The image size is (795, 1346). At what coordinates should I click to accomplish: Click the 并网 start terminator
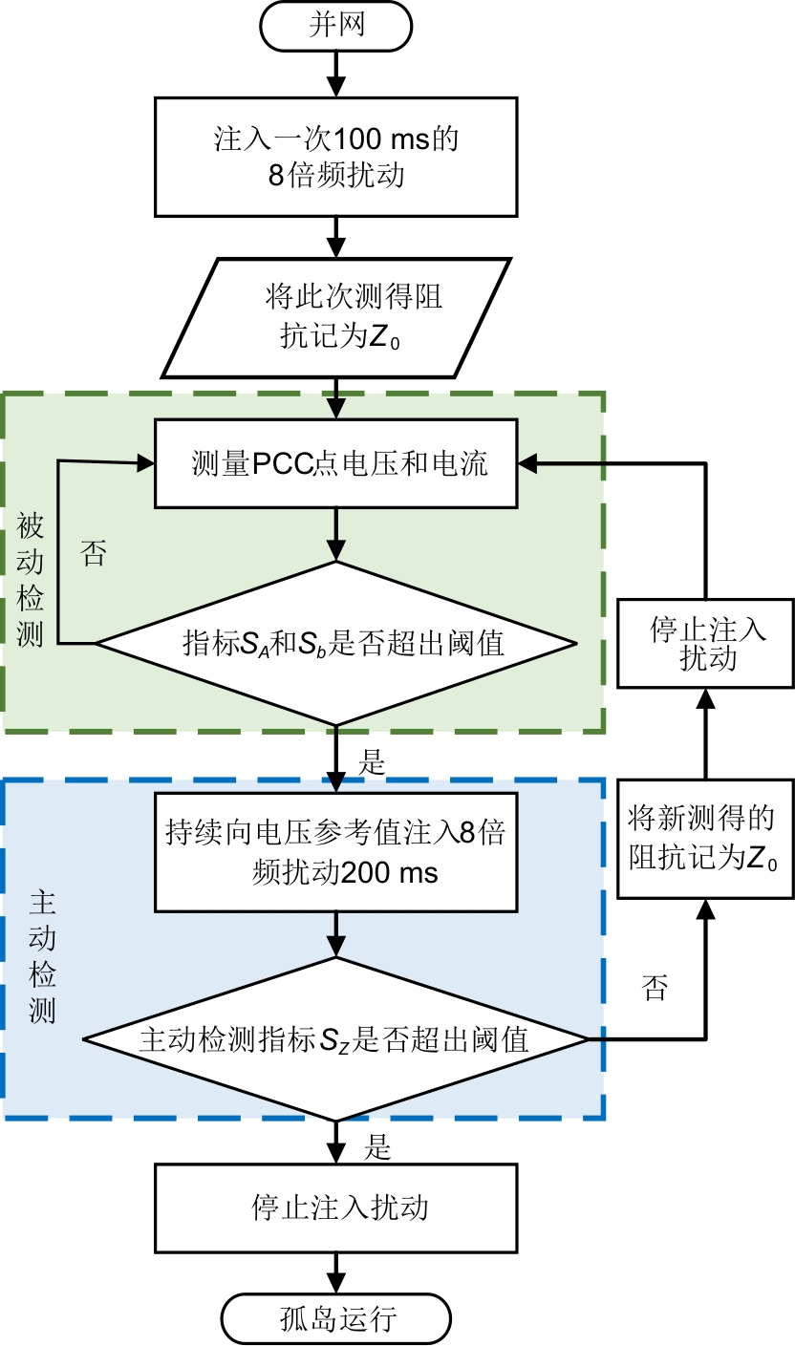click(335, 26)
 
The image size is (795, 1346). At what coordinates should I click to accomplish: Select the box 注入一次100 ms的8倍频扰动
click(335, 157)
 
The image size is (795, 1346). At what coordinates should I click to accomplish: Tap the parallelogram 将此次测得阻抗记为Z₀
click(335, 317)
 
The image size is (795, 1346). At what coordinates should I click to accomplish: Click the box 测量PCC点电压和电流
click(335, 465)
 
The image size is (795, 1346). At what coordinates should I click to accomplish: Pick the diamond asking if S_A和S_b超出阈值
click(335, 643)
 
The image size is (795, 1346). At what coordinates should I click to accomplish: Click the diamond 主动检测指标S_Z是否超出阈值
click(335, 1038)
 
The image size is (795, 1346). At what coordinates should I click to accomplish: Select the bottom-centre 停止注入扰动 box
click(335, 1207)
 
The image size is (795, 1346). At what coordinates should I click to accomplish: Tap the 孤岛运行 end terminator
click(335, 1320)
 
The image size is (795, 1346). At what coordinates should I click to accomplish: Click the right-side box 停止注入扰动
click(706, 645)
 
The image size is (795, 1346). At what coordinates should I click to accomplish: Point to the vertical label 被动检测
click(31, 577)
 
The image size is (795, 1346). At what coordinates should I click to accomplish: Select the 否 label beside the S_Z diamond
click(655, 988)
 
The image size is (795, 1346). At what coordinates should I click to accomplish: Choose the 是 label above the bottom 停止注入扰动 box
click(377, 1147)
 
